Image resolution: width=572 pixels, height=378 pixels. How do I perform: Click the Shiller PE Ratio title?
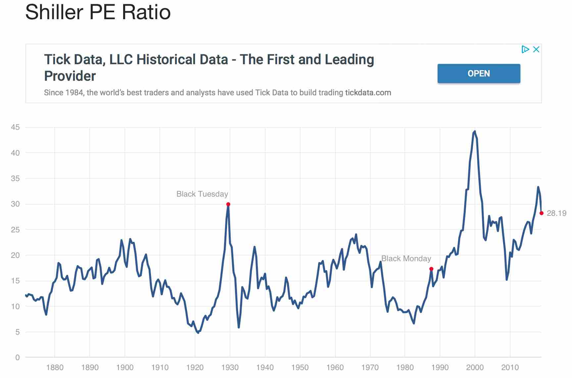click(x=98, y=12)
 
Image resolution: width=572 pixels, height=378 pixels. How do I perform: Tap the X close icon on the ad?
click(x=536, y=49)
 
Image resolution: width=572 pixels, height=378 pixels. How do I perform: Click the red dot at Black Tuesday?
click(x=228, y=204)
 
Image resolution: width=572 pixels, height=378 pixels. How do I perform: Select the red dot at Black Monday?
click(x=431, y=269)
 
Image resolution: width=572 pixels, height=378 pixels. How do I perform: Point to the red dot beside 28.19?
click(x=542, y=213)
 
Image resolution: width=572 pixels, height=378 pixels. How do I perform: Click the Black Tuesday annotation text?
click(x=202, y=194)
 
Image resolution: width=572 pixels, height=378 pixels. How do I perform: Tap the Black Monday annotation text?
click(x=406, y=259)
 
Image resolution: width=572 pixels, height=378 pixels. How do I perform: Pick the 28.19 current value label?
click(x=556, y=213)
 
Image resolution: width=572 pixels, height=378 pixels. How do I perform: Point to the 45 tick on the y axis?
click(x=15, y=127)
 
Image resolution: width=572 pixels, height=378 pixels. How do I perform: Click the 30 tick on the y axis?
click(x=15, y=204)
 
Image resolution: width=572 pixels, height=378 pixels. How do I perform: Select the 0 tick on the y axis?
click(x=18, y=357)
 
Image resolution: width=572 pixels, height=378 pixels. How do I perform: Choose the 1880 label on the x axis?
click(x=55, y=367)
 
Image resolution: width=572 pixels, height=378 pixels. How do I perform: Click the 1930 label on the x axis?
click(x=230, y=367)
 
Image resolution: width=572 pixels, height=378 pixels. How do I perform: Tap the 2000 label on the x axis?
click(x=475, y=367)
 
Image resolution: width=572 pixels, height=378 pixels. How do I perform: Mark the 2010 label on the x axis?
click(x=510, y=367)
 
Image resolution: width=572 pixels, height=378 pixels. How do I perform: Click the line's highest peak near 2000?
click(x=475, y=131)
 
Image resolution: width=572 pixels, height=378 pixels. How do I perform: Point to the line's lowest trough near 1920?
click(x=198, y=333)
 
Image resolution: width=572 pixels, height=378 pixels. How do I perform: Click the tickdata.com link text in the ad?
click(x=368, y=93)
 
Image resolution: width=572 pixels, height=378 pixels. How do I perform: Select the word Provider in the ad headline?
click(x=70, y=76)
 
